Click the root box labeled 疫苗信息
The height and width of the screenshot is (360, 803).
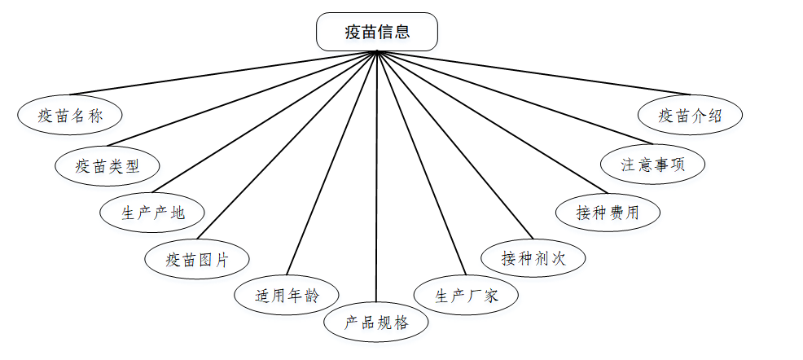click(376, 33)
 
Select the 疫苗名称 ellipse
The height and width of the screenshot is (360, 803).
click(70, 115)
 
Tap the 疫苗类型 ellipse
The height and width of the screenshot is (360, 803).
click(108, 166)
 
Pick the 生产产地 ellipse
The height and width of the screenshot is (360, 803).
click(153, 213)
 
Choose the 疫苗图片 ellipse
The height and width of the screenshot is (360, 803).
click(197, 260)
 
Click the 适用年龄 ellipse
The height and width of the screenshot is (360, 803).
click(287, 294)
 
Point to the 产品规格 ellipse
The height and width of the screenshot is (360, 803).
click(376, 322)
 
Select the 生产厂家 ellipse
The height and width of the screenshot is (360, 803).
click(466, 295)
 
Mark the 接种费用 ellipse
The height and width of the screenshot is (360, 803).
click(608, 213)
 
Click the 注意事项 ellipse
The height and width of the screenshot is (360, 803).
click(652, 164)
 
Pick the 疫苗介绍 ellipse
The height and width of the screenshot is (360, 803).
click(691, 116)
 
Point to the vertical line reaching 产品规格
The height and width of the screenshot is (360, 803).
click(376, 179)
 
